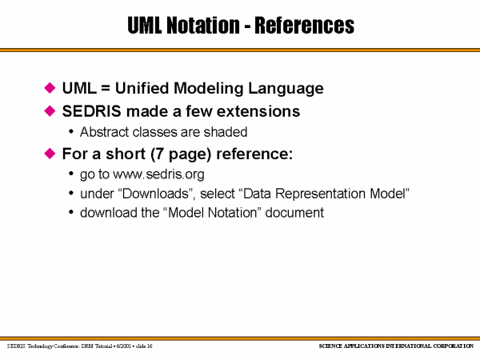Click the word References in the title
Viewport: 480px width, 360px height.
(305, 25)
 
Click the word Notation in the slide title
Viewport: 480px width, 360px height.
(203, 25)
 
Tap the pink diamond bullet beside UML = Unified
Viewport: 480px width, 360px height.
(50, 88)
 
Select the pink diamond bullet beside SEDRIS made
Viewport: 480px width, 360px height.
(50, 111)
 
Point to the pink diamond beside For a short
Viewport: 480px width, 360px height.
(50, 154)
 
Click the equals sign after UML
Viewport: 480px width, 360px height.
(106, 88)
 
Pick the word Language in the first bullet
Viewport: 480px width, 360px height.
(286, 89)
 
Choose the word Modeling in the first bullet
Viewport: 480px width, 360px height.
(209, 89)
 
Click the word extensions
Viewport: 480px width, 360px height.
(258, 111)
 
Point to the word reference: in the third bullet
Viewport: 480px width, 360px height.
(254, 154)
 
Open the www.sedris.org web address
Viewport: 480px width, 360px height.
(158, 174)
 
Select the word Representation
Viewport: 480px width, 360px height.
(320, 194)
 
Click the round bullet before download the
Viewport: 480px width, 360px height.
(71, 212)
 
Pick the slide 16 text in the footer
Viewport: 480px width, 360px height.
(144, 346)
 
